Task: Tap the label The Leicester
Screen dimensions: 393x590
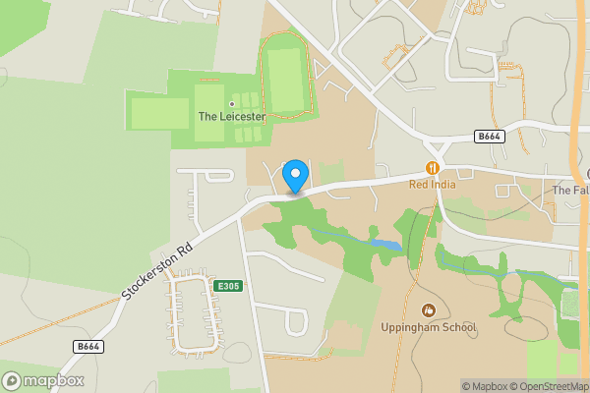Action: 232,116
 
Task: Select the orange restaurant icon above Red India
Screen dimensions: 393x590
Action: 431,168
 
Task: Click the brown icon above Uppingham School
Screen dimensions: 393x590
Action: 428,310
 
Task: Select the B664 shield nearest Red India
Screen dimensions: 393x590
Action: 489,136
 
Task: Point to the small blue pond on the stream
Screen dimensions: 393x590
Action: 384,244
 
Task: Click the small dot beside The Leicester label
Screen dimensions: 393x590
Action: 232,103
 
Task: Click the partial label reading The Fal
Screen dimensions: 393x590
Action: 570,190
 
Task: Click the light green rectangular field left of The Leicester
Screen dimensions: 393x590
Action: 159,113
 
